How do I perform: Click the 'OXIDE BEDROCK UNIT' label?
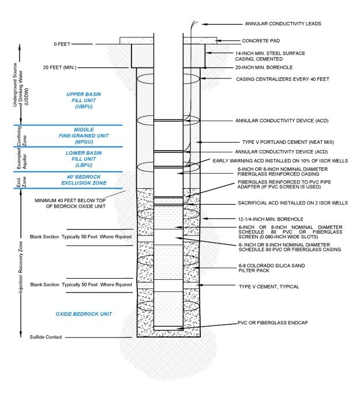tap(83, 314)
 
